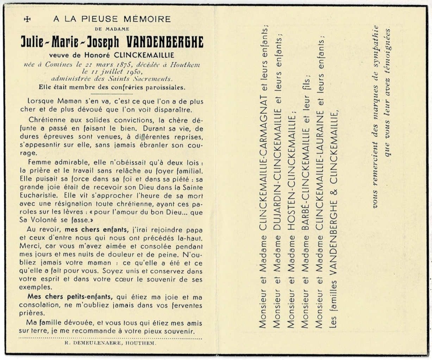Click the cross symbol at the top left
point(27,19)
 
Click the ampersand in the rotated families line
point(334,193)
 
